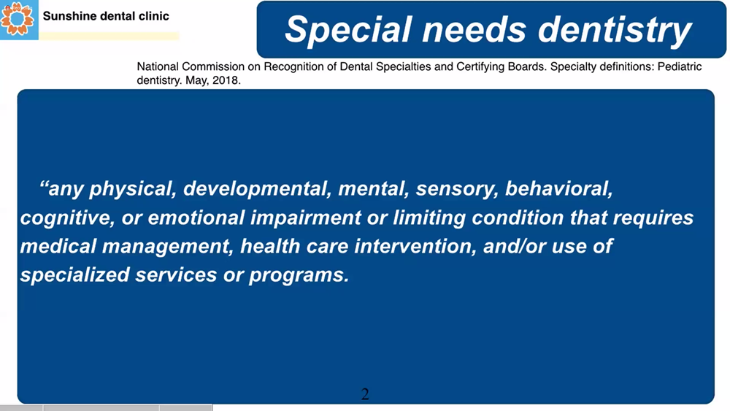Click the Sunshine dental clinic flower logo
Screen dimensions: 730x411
(18, 20)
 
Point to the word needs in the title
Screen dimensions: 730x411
(476, 30)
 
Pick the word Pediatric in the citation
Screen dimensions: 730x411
(680, 66)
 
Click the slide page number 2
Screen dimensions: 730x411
(365, 394)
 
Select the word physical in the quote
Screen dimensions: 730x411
(133, 189)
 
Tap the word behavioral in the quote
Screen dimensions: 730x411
(559, 188)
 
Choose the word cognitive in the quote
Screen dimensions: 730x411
(67, 218)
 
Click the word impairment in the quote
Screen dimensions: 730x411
(305, 218)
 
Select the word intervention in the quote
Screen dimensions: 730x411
(415, 246)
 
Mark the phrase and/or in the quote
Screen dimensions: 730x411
(515, 246)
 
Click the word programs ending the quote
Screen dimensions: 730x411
(299, 275)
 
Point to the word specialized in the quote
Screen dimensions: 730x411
(75, 274)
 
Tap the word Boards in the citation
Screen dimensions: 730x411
(529, 66)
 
